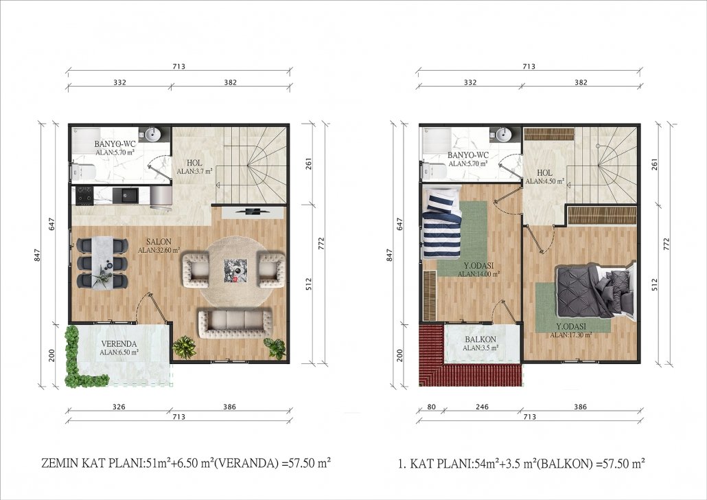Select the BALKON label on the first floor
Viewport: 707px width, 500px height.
click(480, 339)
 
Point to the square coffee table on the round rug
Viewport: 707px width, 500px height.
click(236, 271)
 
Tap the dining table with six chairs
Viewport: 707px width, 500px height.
click(102, 262)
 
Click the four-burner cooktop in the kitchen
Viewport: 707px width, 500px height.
click(84, 195)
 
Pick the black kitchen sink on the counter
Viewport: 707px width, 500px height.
click(126, 195)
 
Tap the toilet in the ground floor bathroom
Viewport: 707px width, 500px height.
click(83, 171)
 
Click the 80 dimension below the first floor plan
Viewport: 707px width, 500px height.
click(431, 407)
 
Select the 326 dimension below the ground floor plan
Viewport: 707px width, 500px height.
click(119, 407)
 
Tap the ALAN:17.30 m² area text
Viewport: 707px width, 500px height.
click(571, 335)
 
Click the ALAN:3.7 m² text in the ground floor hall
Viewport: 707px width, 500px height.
click(194, 171)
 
